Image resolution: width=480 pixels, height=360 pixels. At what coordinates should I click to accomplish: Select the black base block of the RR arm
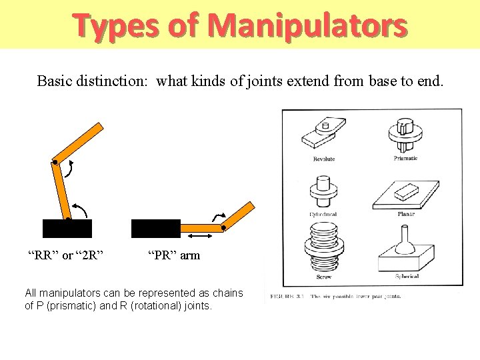[x=67, y=228]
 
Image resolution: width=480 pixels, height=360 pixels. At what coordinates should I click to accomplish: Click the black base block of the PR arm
[x=156, y=228]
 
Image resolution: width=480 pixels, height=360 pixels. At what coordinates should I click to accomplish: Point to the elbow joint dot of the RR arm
[x=55, y=162]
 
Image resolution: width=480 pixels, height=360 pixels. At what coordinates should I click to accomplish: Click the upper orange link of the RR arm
[x=78, y=142]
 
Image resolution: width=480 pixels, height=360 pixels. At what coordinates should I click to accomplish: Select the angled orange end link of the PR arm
[x=239, y=214]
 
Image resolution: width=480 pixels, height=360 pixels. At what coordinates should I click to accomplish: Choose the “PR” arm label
[x=173, y=255]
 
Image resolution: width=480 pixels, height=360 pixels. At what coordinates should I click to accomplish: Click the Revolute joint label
[x=324, y=159]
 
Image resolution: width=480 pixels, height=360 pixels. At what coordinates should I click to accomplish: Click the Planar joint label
[x=406, y=214]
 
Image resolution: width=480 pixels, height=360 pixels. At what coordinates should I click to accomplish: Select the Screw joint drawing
[x=323, y=247]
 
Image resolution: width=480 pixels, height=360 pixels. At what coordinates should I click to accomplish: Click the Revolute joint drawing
[x=323, y=133]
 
